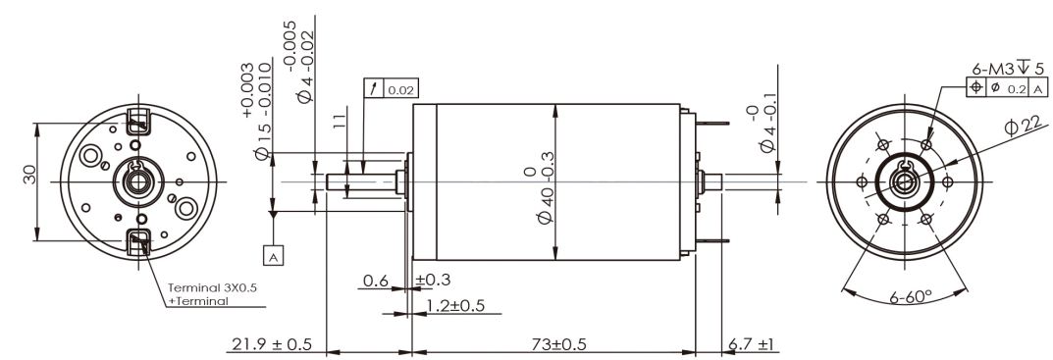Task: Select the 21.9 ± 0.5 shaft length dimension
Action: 272,344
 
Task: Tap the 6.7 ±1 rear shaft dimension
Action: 751,344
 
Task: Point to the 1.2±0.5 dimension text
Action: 455,306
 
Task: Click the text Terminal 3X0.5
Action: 212,287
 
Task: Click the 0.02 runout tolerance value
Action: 401,89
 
